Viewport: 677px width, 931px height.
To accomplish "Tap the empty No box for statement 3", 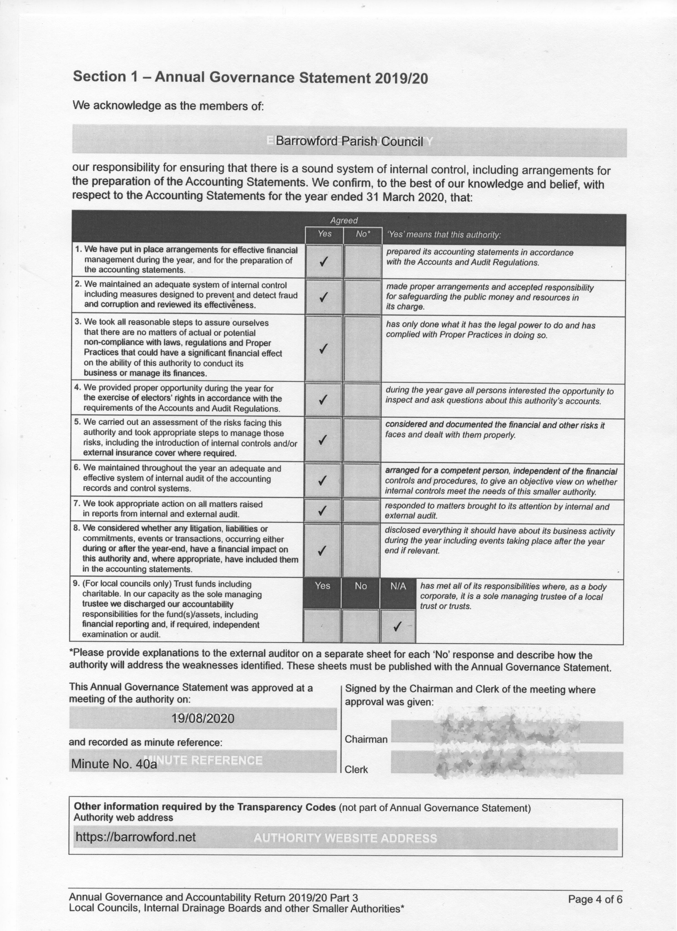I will point(362,348).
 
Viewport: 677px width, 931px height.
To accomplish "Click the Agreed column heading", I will point(344,221).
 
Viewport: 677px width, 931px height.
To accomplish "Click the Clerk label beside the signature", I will point(356,769).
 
